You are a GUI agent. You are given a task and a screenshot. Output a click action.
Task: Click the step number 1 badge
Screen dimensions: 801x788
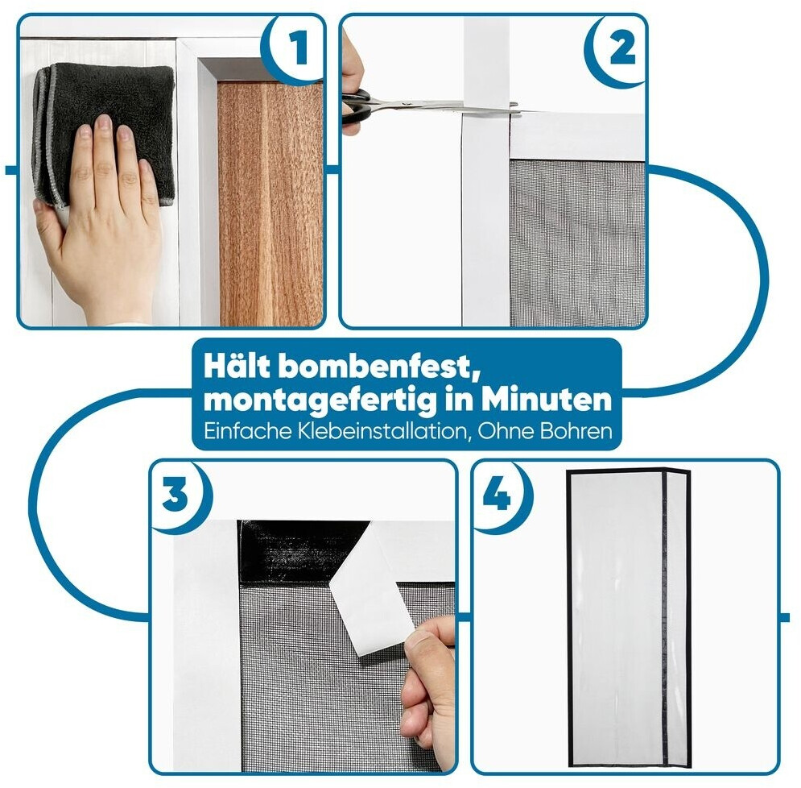pos(295,48)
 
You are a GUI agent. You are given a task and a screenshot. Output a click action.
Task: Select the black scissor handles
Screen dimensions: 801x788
pos(357,106)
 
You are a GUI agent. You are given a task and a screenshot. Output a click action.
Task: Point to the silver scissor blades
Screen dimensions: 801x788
pos(444,107)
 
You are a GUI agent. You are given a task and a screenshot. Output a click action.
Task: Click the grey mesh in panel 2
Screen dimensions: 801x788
pos(577,243)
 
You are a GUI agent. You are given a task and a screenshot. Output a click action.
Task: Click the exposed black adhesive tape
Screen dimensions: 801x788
pos(301,551)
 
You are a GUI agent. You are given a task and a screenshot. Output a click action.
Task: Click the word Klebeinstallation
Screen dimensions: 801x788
pos(381,431)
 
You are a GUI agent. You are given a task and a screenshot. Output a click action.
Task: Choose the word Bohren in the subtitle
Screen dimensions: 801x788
pos(576,431)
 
